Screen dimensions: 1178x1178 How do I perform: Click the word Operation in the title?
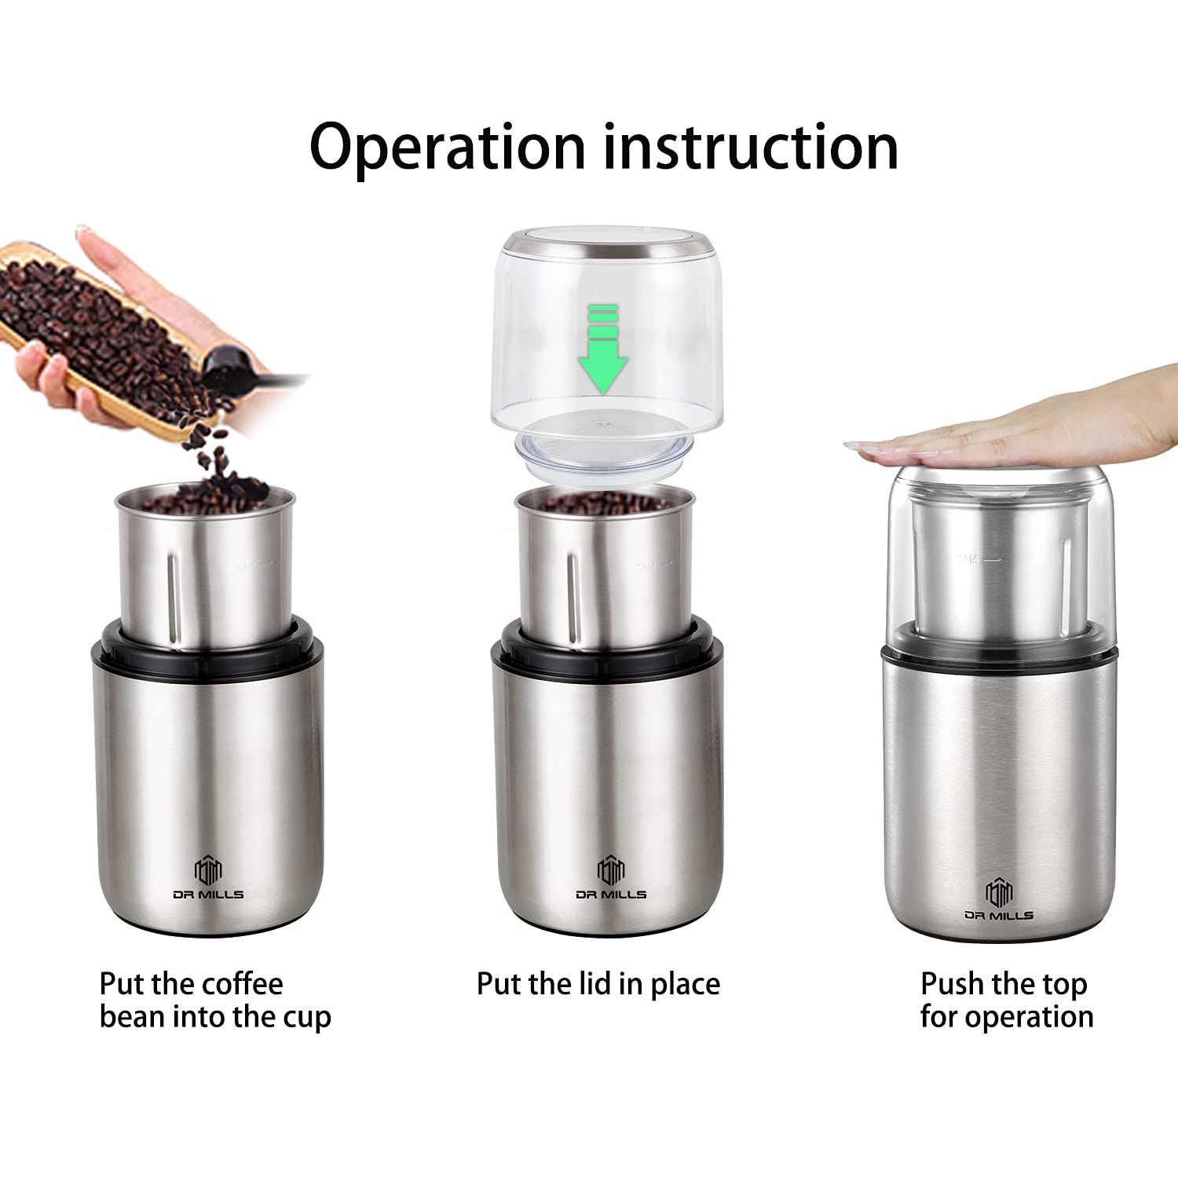[448, 148]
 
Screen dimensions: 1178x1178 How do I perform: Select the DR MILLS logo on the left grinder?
[208, 878]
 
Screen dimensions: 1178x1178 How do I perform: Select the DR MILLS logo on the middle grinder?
[610, 878]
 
